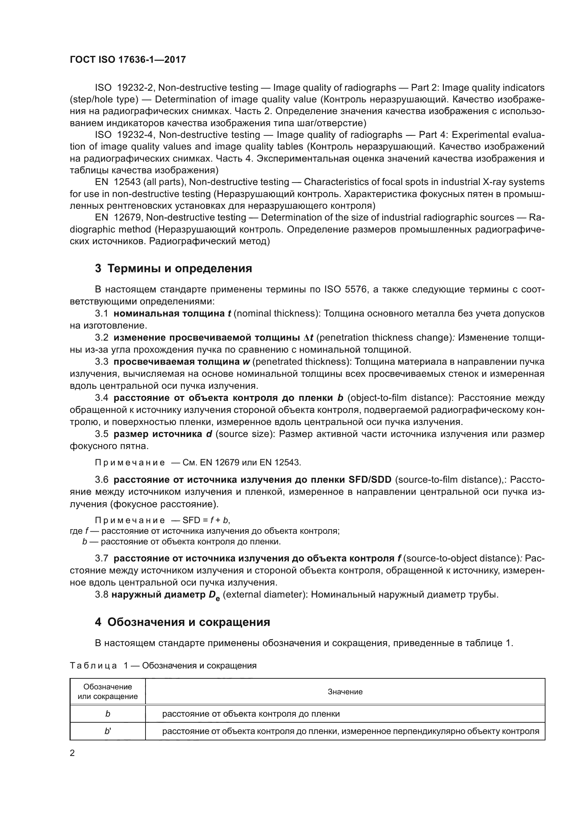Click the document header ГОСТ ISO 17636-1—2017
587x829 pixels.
pyautogui.click(x=128, y=60)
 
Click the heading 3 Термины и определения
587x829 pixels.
pyautogui.click(x=174, y=269)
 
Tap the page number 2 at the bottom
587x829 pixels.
pyautogui.click(x=72, y=753)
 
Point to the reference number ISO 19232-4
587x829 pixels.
pyautogui.click(x=124, y=135)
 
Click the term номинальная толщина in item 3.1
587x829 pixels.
pyautogui.click(x=169, y=313)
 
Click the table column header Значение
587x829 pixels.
pyautogui.click(x=345, y=692)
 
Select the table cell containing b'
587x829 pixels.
pyautogui.click(x=108, y=731)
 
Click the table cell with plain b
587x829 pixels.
pyautogui.click(x=108, y=714)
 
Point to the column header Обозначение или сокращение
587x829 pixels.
pyautogui.click(x=108, y=692)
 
